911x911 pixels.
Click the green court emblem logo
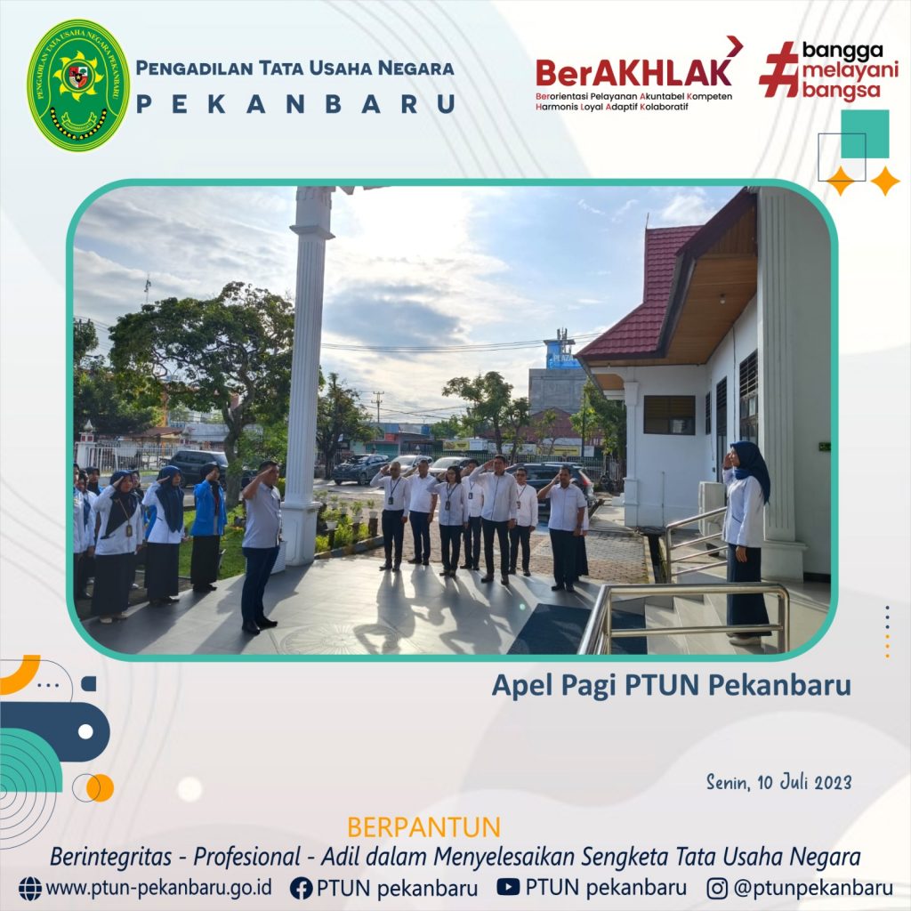[78, 85]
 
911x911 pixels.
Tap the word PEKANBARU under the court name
[295, 105]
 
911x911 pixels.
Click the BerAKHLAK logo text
[633, 73]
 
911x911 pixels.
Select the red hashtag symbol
[779, 69]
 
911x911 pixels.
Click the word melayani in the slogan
[850, 71]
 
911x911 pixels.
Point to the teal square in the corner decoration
[865, 133]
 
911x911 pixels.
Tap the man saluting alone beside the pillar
[261, 546]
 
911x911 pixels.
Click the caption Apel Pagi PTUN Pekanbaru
[671, 685]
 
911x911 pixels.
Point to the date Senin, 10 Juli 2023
[778, 782]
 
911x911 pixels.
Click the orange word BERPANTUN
[423, 827]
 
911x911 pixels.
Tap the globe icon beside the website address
[30, 889]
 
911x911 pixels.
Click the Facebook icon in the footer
[301, 889]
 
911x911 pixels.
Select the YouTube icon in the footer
[508, 887]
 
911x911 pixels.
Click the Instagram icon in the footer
[717, 889]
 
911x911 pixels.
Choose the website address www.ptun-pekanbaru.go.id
[158, 888]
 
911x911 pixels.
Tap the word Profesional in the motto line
[246, 857]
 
